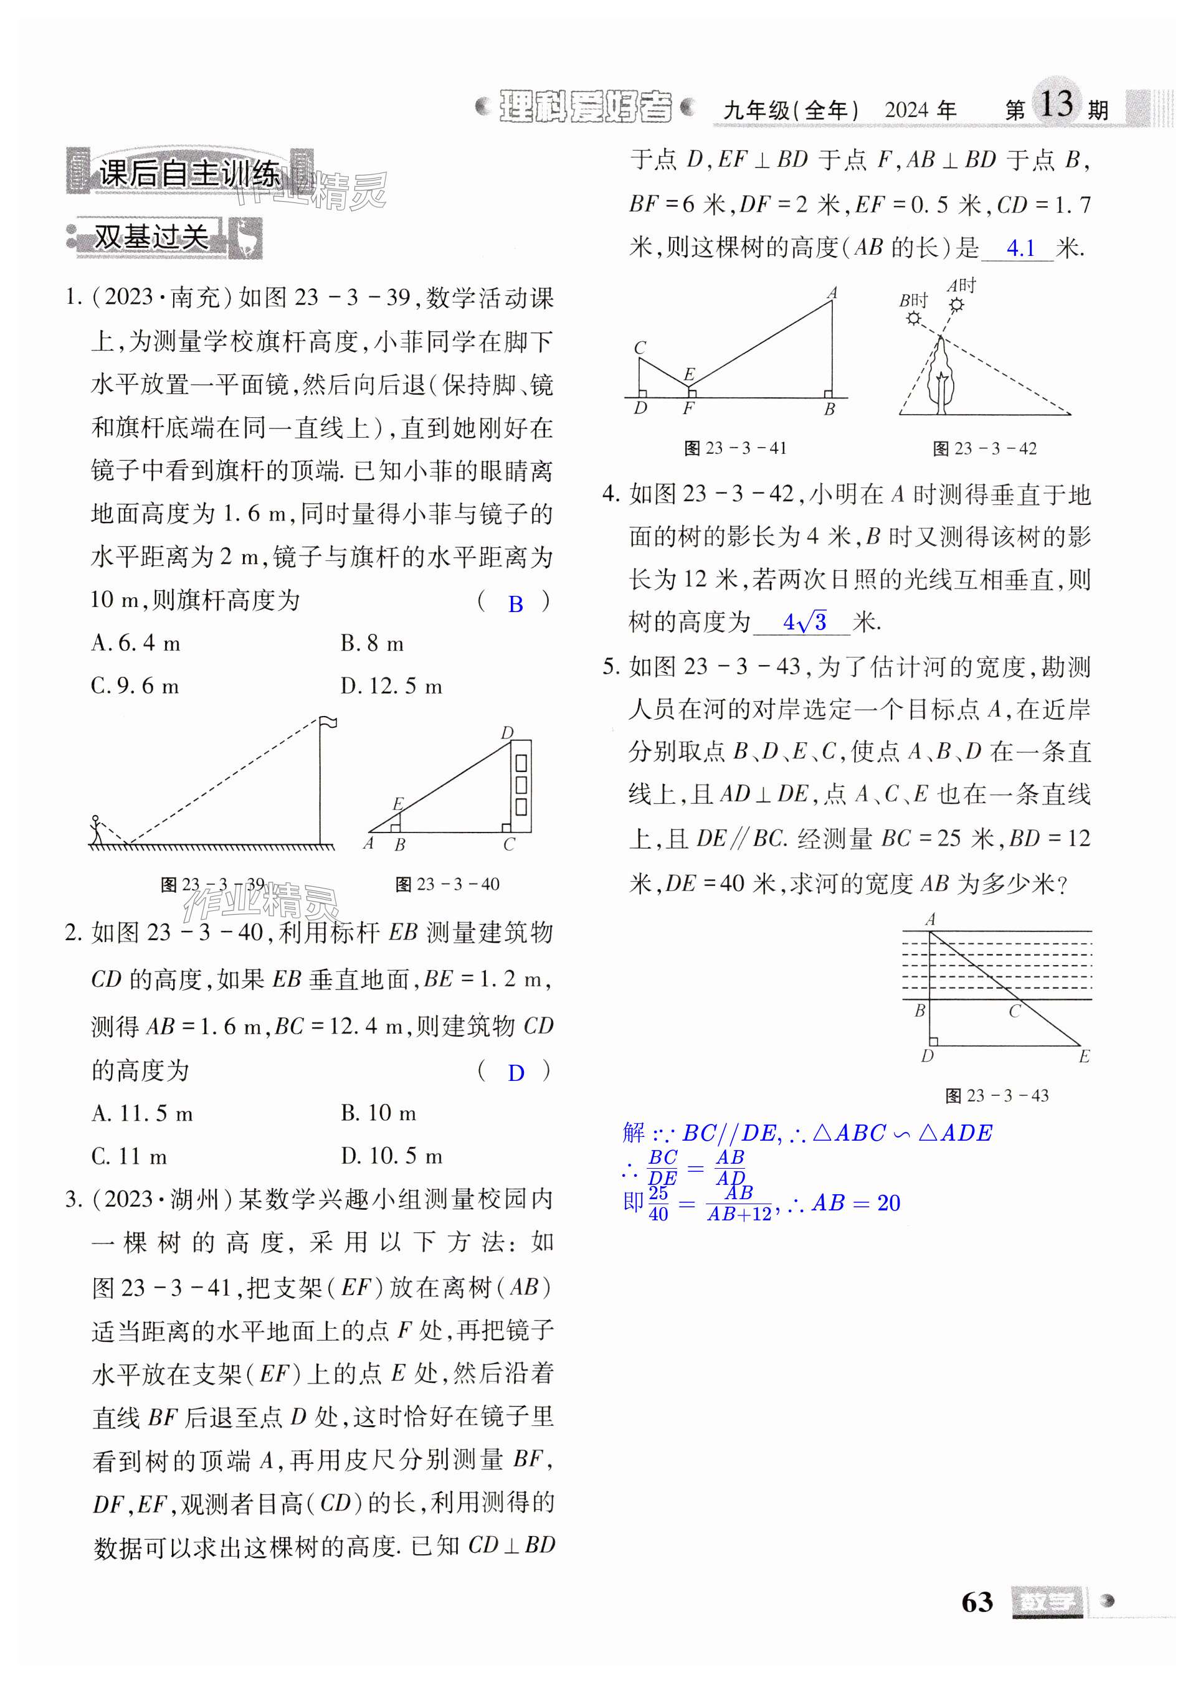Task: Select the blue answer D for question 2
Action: point(516,1073)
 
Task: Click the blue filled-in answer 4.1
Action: point(1020,248)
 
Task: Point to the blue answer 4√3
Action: point(804,623)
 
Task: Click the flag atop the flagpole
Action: point(328,722)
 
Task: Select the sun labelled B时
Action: point(913,318)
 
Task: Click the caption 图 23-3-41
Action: point(734,448)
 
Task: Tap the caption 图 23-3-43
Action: point(997,1096)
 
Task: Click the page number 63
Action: point(976,1601)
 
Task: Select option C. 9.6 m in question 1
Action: point(135,686)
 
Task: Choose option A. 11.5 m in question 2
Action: point(142,1114)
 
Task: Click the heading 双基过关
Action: point(151,237)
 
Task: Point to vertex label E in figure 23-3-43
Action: point(1084,1056)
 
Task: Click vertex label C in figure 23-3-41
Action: point(640,347)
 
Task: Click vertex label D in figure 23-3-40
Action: point(507,732)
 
